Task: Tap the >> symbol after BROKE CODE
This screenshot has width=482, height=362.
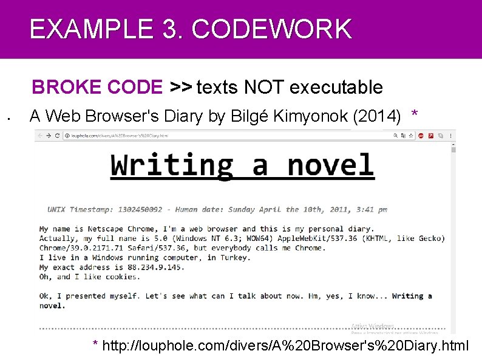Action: [180, 88]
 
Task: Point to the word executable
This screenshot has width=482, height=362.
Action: [336, 88]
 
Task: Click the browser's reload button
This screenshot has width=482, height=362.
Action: [58, 136]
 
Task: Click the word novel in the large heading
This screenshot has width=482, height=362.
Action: [330, 165]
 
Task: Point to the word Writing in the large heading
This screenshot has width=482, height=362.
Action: [172, 165]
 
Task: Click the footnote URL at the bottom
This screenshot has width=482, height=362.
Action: [285, 347]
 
